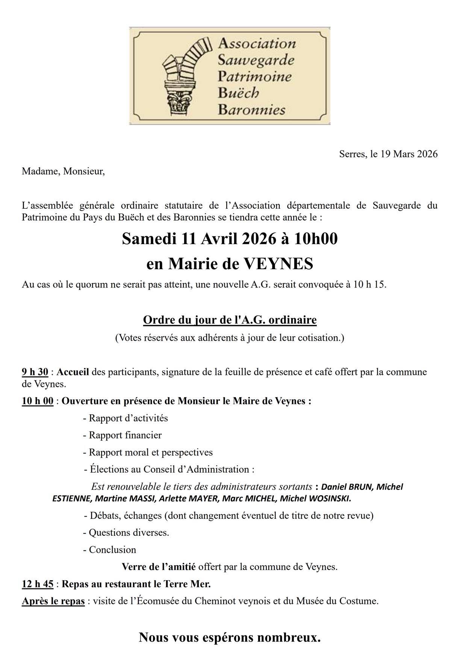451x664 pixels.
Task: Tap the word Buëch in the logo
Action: [238, 93]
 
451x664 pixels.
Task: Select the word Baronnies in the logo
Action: [251, 110]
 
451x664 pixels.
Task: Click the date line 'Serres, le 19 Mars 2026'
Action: [388, 154]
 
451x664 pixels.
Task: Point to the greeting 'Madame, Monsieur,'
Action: [63, 171]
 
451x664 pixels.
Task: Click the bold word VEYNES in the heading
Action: [278, 264]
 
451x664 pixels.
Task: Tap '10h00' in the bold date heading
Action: [316, 239]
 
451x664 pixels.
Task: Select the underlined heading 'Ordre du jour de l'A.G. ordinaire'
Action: [230, 320]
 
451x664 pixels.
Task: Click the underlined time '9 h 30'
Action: [35, 372]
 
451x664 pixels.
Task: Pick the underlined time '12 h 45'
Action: [38, 584]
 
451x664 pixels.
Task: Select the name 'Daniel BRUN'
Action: [347, 487]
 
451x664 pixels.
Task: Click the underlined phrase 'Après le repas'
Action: [53, 601]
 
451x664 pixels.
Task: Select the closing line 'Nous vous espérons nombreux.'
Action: [230, 638]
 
